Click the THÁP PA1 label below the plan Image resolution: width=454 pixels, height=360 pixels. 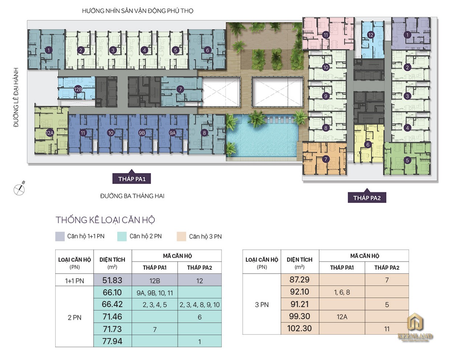click(x=131, y=179)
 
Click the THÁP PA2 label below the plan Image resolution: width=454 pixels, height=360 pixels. click(x=367, y=198)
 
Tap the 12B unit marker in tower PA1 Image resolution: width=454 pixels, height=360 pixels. click(x=78, y=89)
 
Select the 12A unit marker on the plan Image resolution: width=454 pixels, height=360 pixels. click(x=50, y=133)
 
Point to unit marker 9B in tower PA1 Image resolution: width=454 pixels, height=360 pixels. click(x=142, y=133)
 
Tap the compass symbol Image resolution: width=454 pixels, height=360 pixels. click(x=19, y=189)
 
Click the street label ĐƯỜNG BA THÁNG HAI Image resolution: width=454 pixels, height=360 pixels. click(x=132, y=196)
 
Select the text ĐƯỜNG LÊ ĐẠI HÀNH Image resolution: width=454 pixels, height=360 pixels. click(x=16, y=97)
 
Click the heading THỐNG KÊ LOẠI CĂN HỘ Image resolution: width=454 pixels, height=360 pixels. click(x=105, y=220)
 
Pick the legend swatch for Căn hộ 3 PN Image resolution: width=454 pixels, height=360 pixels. click(x=181, y=237)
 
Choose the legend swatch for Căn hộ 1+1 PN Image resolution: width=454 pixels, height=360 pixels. click(x=60, y=236)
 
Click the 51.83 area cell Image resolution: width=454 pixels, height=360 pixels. click(x=112, y=280)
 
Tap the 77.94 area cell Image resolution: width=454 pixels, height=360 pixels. click(x=112, y=341)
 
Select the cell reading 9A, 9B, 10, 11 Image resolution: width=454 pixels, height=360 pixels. click(x=155, y=293)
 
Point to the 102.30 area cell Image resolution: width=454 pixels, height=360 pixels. click(x=300, y=328)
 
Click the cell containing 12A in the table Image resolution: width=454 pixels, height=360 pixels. click(x=342, y=317)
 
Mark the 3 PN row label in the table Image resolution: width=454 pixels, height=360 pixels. click(x=262, y=305)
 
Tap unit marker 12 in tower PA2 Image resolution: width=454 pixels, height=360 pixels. click(x=370, y=35)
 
